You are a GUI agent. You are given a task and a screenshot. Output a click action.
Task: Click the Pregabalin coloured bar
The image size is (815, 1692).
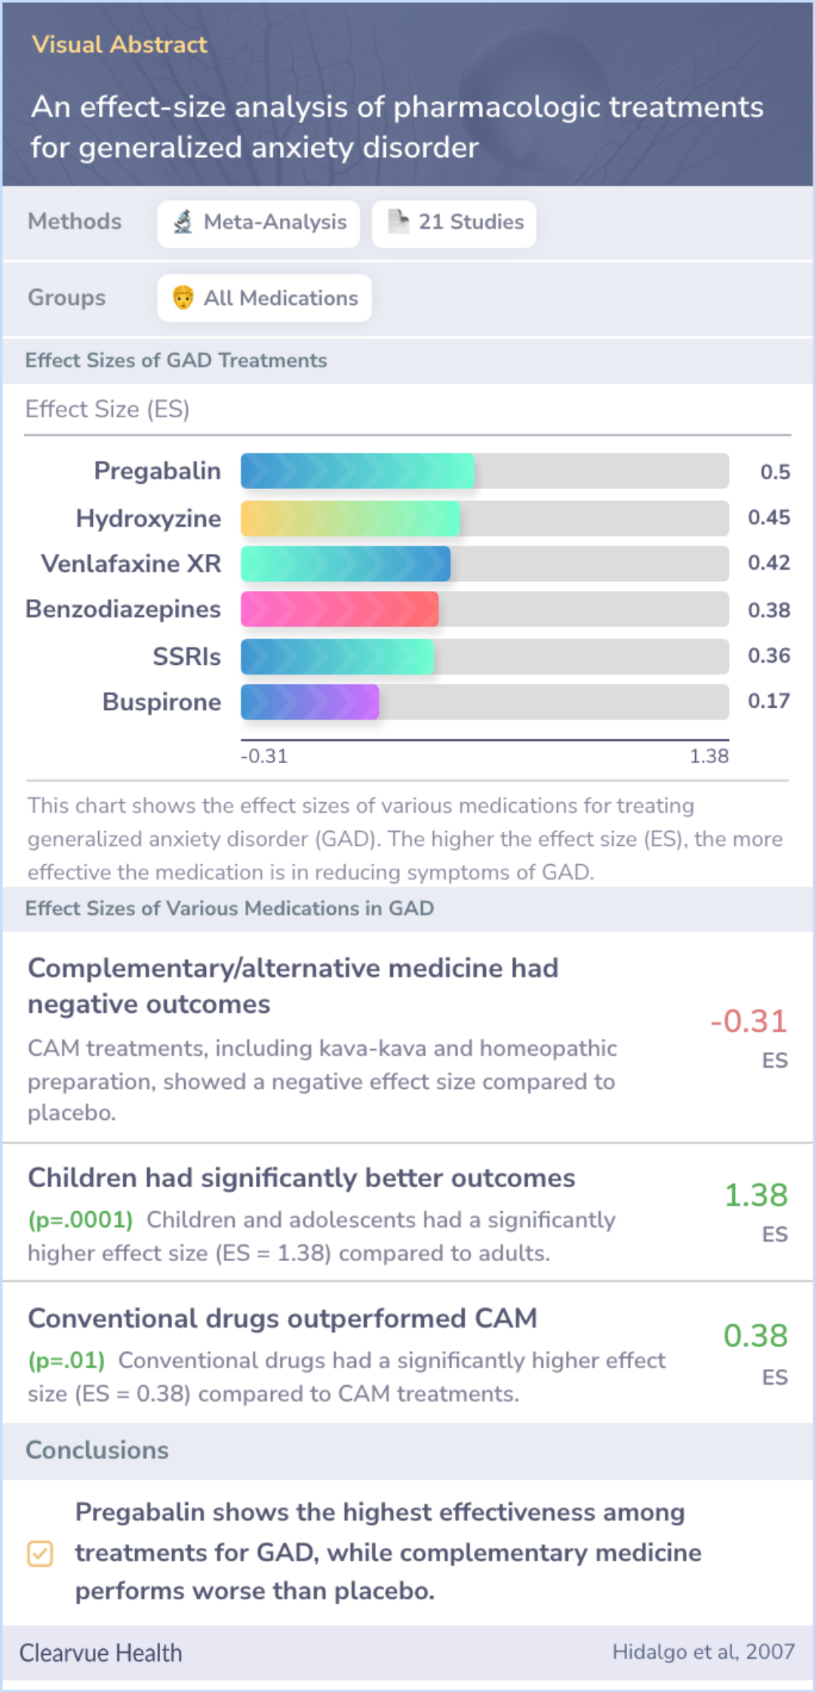tap(357, 471)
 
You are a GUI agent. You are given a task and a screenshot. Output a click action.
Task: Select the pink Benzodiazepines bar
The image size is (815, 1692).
tap(340, 609)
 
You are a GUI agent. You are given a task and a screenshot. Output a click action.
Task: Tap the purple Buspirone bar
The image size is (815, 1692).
tap(309, 702)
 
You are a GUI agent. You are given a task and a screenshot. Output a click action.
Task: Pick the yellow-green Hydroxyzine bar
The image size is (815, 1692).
tap(350, 518)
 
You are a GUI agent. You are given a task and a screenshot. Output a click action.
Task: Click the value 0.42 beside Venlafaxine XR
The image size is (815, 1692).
tap(768, 563)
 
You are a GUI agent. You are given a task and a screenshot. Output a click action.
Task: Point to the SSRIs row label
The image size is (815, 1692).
tap(186, 657)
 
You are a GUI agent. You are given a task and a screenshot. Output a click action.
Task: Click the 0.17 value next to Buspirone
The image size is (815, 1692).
tap(768, 701)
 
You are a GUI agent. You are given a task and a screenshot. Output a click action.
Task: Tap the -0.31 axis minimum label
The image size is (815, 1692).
tap(264, 756)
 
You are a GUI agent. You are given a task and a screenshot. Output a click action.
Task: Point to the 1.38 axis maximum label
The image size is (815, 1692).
tap(709, 756)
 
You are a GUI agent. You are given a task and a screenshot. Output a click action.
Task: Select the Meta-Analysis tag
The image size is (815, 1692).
tap(259, 223)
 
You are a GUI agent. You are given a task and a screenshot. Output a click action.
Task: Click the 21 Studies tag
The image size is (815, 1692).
tap(454, 223)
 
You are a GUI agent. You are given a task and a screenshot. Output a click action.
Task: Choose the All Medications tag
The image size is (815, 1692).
tap(264, 298)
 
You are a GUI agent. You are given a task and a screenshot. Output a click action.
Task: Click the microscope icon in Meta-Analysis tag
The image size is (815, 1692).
tap(183, 222)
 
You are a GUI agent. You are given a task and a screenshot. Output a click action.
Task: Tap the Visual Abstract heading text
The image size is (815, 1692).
tap(119, 45)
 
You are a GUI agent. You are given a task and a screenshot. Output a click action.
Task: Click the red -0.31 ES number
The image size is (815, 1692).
tap(749, 1021)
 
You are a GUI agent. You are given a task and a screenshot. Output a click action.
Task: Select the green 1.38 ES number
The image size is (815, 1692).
tap(755, 1195)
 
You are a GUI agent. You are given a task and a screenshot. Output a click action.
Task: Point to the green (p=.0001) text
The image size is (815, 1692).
tap(81, 1220)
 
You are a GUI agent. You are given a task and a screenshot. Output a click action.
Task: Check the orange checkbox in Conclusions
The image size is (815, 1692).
tap(40, 1554)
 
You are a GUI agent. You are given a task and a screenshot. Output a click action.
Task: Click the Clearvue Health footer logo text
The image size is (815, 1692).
tap(100, 1653)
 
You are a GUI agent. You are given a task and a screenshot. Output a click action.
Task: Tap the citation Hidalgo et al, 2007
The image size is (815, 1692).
tap(703, 1652)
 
